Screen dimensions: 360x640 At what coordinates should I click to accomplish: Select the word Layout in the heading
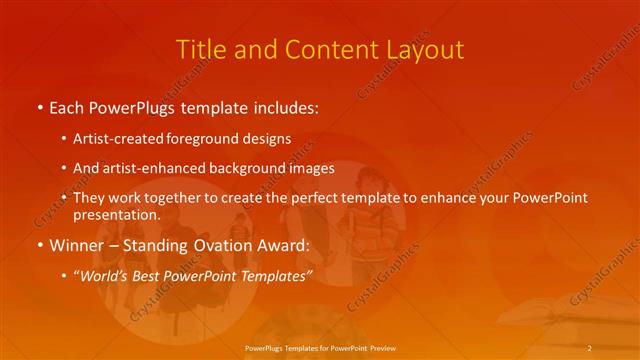424,49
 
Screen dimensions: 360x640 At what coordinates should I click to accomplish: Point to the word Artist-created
114,139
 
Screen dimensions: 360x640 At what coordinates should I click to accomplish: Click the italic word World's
103,274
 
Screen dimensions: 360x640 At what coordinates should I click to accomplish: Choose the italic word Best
151,274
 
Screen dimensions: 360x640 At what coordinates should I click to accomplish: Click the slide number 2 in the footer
589,347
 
